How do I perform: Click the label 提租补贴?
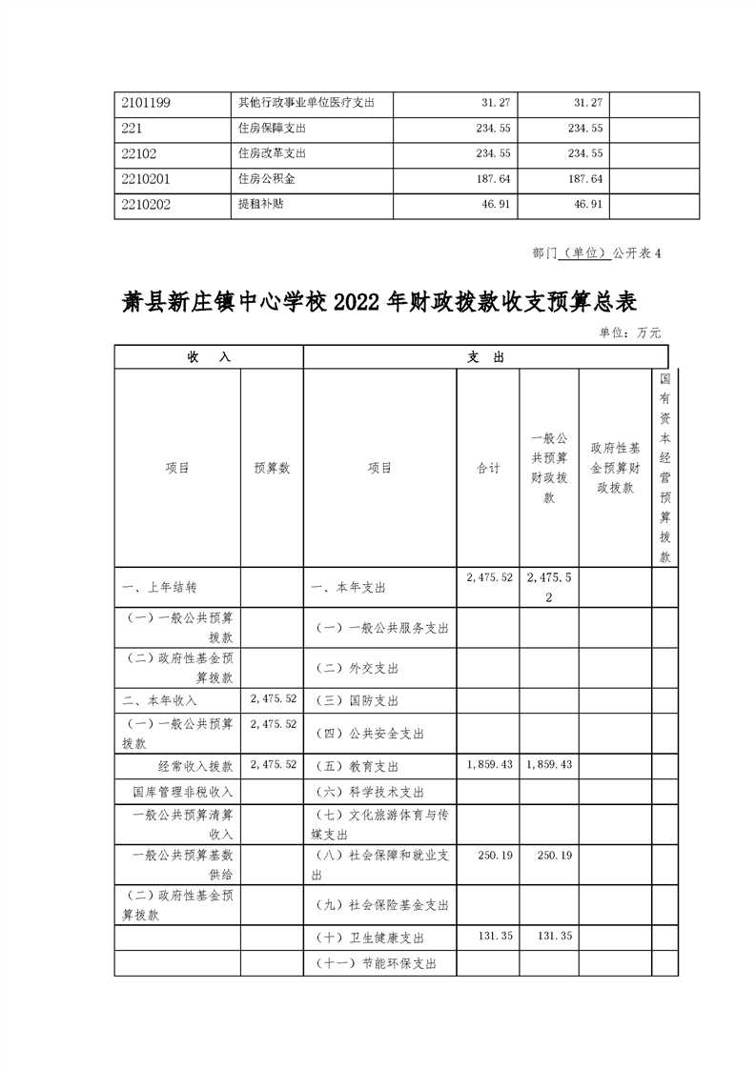pyautogui.click(x=259, y=203)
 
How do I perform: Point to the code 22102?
pyautogui.click(x=138, y=152)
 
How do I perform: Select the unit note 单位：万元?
pyautogui.click(x=629, y=333)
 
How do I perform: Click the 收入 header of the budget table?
pyautogui.click(x=209, y=356)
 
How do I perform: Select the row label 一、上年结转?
pyautogui.click(x=160, y=588)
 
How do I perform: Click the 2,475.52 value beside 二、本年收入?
pyautogui.click(x=272, y=698)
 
